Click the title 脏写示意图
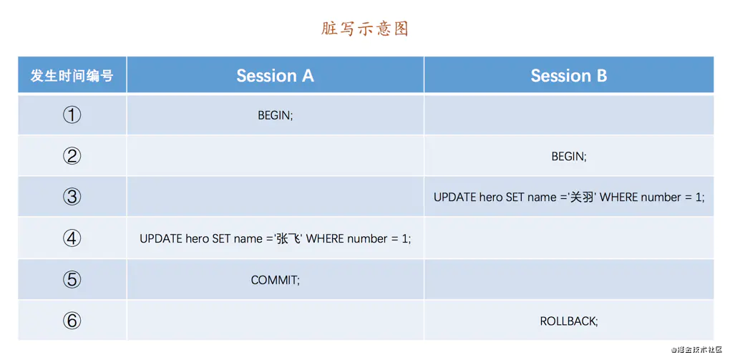click(364, 29)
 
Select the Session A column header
click(275, 75)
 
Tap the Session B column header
click(569, 75)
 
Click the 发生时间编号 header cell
click(72, 75)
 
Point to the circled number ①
click(72, 115)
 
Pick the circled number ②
click(72, 156)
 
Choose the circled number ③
click(72, 197)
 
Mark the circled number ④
click(72, 238)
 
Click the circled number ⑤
click(72, 279)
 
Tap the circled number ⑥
click(72, 321)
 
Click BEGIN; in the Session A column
click(275, 115)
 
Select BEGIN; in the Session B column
click(569, 157)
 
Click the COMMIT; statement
click(275, 280)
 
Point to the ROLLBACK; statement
click(569, 321)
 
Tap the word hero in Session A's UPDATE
click(198, 239)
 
